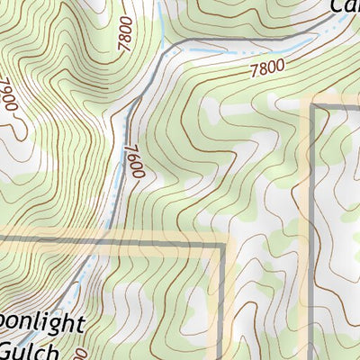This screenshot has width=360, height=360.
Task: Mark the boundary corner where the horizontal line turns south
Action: point(222,243)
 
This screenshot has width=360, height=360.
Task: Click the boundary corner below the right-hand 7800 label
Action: point(313,107)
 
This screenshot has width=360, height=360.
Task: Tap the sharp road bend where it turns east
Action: point(166,49)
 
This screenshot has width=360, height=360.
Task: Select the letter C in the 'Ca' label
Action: point(335,7)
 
